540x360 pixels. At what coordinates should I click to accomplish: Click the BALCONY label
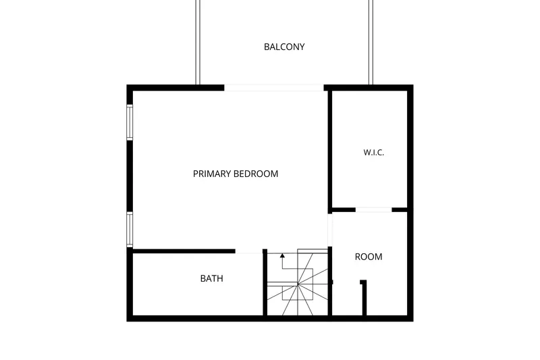[284, 47]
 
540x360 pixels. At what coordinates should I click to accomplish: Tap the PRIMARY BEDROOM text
[236, 174]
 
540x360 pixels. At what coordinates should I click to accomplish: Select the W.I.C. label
[374, 152]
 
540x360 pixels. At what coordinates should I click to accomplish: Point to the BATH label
[211, 278]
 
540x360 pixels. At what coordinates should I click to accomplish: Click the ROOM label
[369, 257]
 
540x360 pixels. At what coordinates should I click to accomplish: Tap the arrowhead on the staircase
[282, 255]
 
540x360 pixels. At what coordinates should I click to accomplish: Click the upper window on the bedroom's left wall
[130, 122]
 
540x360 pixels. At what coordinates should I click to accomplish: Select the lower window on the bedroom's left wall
[130, 230]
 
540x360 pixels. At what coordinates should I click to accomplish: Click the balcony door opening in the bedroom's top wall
[274, 88]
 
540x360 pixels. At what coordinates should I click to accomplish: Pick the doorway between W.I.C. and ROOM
[374, 209]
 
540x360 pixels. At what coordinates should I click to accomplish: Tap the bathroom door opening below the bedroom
[249, 251]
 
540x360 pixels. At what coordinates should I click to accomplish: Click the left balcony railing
[198, 42]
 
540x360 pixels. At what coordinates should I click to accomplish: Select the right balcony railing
[371, 42]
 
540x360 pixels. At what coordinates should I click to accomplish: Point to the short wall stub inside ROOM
[364, 298]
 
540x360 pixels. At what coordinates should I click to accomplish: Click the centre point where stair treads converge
[298, 284]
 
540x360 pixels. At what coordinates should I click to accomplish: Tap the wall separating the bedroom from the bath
[184, 251]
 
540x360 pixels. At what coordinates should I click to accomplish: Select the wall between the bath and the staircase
[265, 282]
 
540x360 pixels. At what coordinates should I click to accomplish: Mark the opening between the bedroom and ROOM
[330, 230]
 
